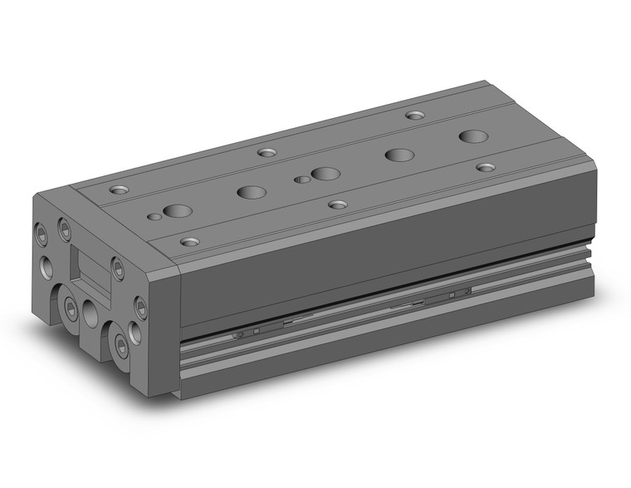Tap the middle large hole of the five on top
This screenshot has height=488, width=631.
click(x=325, y=175)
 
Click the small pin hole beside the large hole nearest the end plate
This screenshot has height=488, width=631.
click(x=154, y=217)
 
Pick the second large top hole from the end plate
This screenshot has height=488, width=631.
click(x=251, y=192)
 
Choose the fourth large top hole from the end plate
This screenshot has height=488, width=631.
click(x=399, y=155)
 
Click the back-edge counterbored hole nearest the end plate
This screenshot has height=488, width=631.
click(x=120, y=189)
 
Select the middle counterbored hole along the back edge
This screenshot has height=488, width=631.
click(x=267, y=152)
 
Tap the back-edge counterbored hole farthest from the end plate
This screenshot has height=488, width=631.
click(x=413, y=115)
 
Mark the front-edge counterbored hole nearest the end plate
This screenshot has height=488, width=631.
click(x=190, y=242)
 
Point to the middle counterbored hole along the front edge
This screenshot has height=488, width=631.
click(x=337, y=204)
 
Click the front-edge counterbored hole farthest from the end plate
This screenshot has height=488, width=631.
click(x=486, y=167)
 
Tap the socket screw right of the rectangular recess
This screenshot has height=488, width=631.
click(x=118, y=268)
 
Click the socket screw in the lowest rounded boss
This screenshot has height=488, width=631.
click(x=122, y=343)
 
